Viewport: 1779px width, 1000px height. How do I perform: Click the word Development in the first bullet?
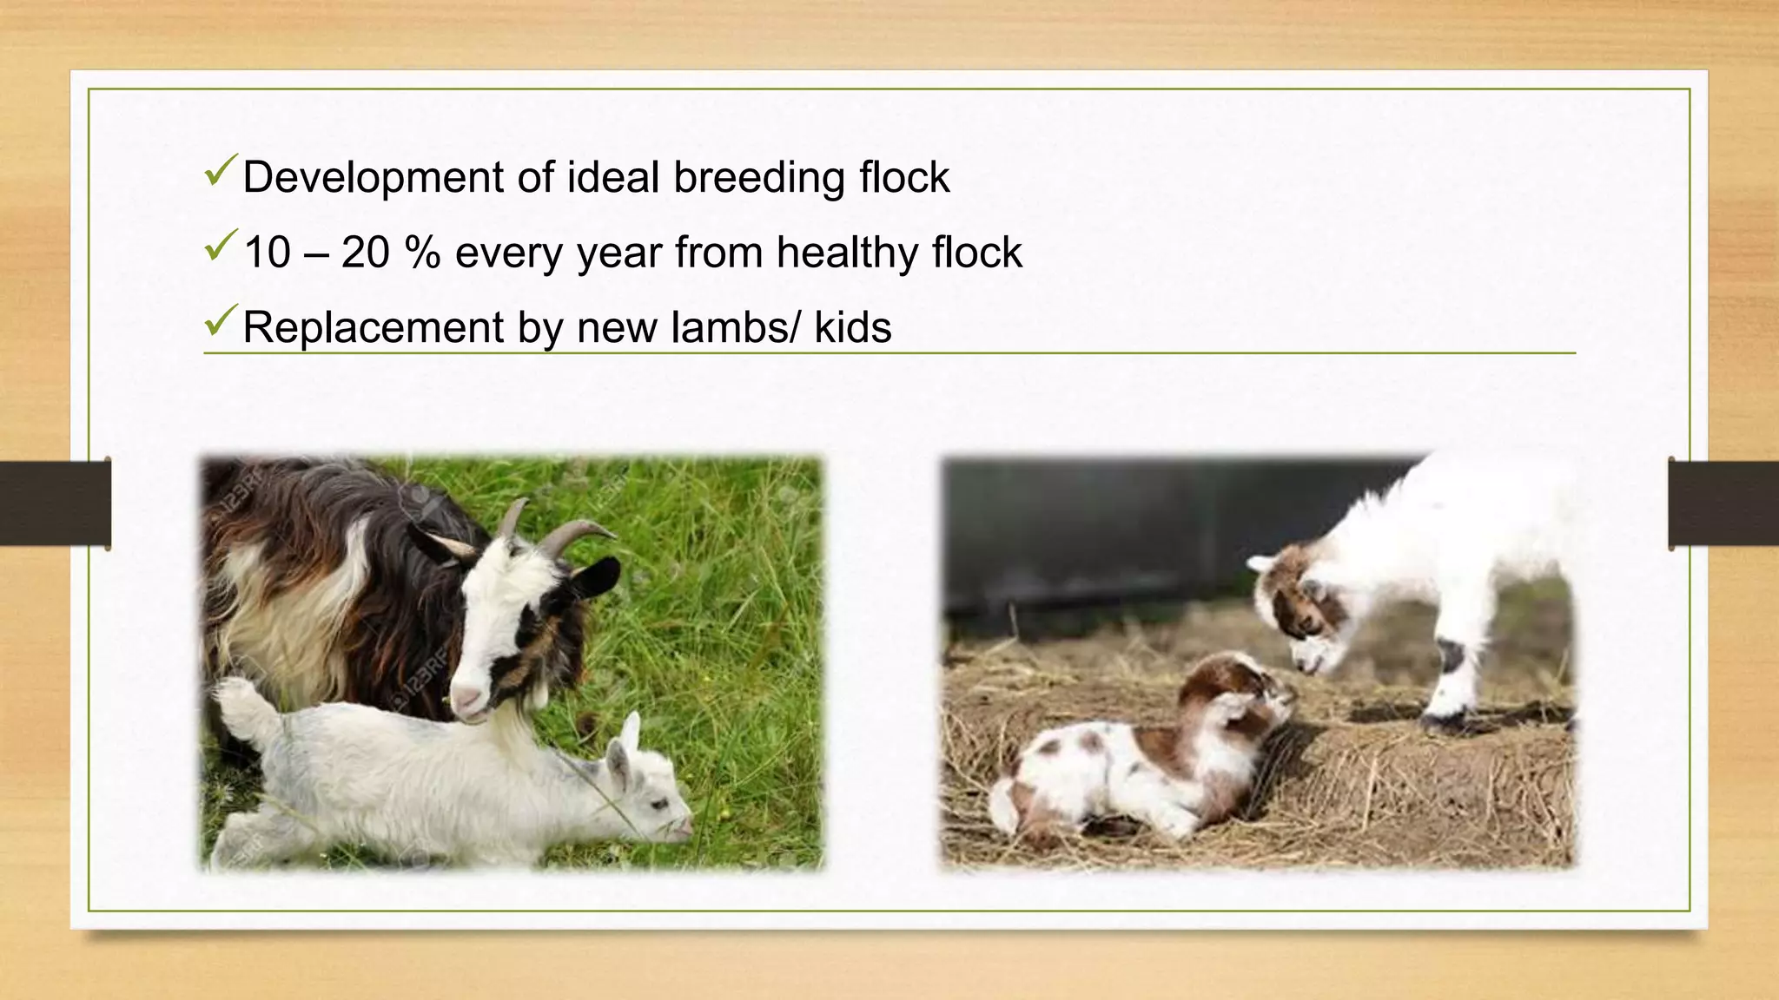pos(374,178)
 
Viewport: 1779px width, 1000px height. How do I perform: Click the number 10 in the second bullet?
pos(267,253)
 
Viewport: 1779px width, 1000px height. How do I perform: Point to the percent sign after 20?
pos(422,253)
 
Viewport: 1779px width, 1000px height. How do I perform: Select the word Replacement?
pos(374,328)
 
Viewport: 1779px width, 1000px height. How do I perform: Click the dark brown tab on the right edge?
pos(1723,503)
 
